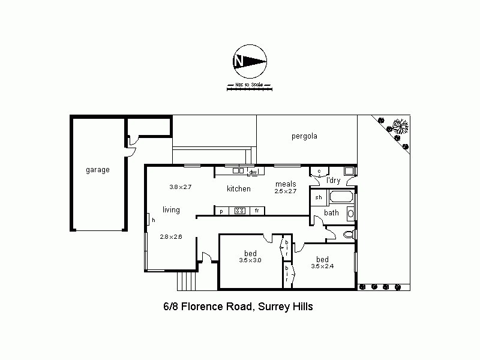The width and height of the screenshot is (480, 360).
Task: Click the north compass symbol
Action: pyautogui.click(x=249, y=61)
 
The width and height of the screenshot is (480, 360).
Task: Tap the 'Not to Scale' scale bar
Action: pyautogui.click(x=249, y=87)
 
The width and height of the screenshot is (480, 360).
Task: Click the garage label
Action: pyautogui.click(x=97, y=170)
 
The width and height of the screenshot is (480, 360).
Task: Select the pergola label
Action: pyautogui.click(x=304, y=136)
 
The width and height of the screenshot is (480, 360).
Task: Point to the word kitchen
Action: pyautogui.click(x=238, y=189)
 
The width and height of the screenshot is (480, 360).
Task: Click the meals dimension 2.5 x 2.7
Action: pyautogui.click(x=286, y=191)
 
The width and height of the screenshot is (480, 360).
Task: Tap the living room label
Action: pyautogui.click(x=171, y=210)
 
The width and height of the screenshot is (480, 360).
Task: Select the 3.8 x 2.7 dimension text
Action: pyautogui.click(x=180, y=187)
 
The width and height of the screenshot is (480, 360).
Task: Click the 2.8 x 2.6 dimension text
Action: pyautogui.click(x=171, y=236)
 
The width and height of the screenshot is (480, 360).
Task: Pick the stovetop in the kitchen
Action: pyautogui.click(x=239, y=211)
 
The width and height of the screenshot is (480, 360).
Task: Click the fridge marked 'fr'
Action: pyautogui.click(x=257, y=211)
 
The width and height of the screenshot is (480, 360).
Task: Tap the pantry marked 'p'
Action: pyautogui.click(x=221, y=211)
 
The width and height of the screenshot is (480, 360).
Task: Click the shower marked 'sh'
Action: pyautogui.click(x=318, y=197)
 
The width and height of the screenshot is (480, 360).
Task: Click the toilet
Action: pyautogui.click(x=347, y=235)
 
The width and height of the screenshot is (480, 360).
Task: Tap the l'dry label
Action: pyautogui.click(x=333, y=180)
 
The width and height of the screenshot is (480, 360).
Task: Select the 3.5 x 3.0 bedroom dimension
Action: pyautogui.click(x=250, y=260)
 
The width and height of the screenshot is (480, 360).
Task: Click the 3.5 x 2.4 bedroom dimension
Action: pyautogui.click(x=322, y=266)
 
